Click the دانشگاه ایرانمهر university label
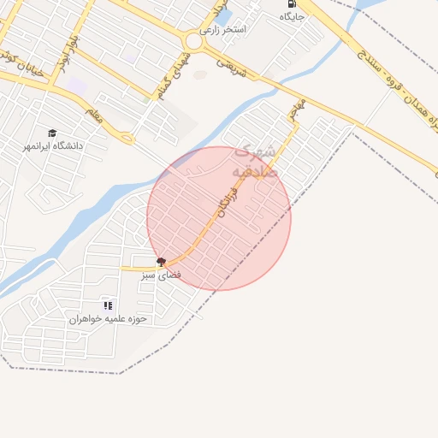(x=54, y=146)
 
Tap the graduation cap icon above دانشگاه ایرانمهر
(x=53, y=133)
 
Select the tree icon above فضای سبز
(x=161, y=261)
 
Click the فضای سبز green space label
(x=160, y=275)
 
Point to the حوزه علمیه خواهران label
(x=109, y=318)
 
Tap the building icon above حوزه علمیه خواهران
(x=108, y=305)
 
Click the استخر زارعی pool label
(x=225, y=30)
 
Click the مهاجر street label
(x=296, y=109)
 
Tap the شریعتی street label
(x=231, y=68)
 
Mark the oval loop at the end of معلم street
(x=127, y=137)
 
